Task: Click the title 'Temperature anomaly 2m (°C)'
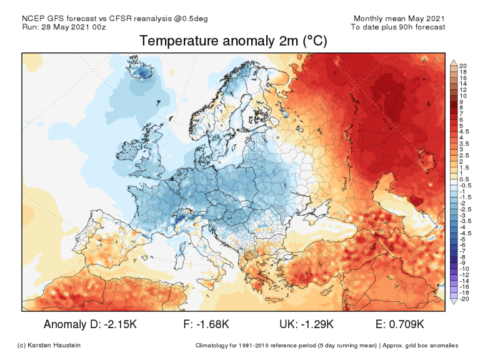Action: [233, 41]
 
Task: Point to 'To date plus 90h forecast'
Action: [398, 27]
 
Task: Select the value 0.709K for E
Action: [407, 324]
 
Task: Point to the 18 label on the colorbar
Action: [463, 71]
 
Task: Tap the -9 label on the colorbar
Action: [462, 262]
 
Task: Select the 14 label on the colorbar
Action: [463, 83]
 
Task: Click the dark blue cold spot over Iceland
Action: [143, 74]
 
